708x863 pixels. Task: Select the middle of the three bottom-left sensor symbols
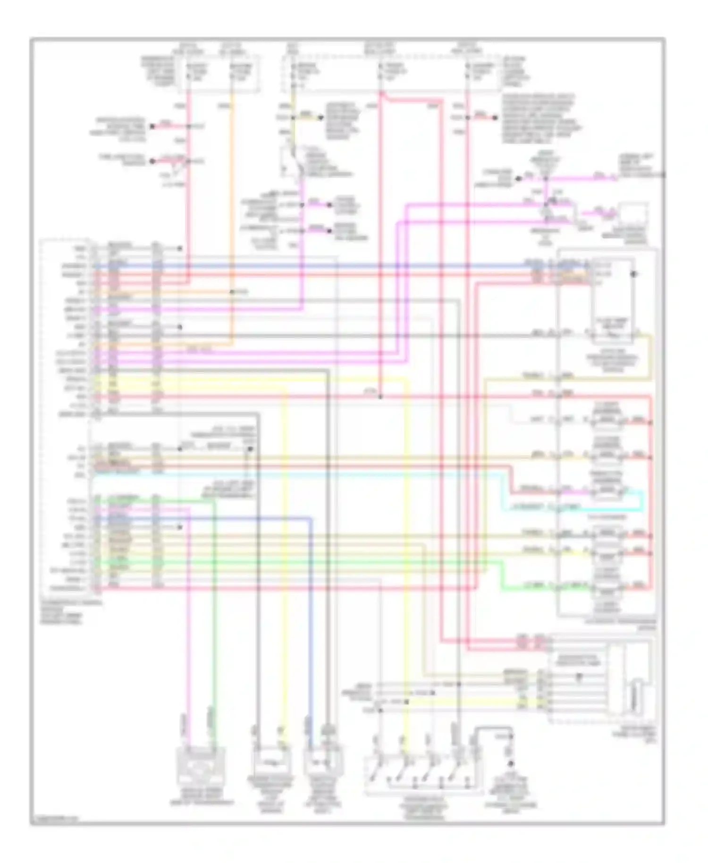coord(273,761)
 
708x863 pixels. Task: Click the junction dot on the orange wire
coord(232,292)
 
